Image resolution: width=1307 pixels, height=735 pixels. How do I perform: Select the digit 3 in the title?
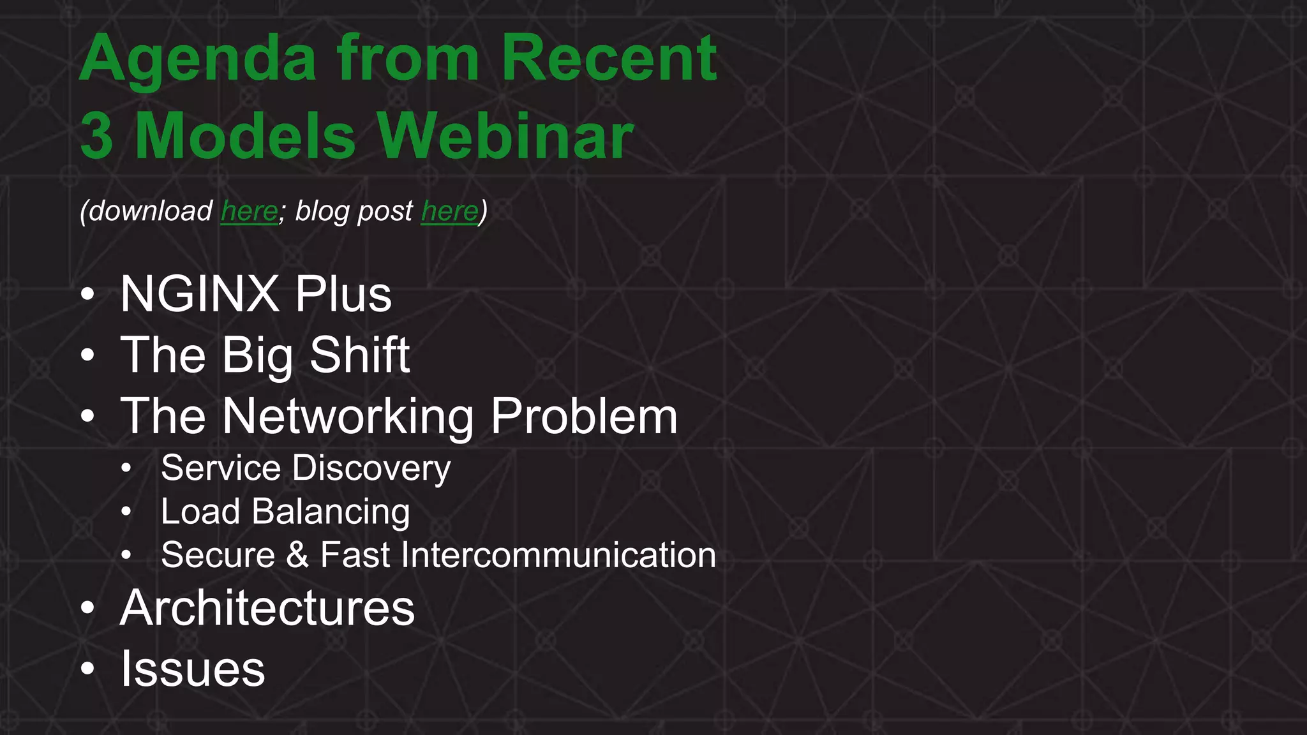pyautogui.click(x=97, y=136)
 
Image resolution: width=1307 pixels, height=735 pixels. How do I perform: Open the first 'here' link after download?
pyautogui.click(x=250, y=211)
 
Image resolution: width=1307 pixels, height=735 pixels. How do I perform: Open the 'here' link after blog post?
pyautogui.click(x=449, y=211)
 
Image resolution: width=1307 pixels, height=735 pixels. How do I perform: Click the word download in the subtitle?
pyautogui.click(x=151, y=211)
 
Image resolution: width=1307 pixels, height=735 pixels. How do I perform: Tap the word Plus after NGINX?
pyautogui.click(x=343, y=294)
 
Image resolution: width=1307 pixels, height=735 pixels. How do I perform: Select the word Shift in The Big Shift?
pyautogui.click(x=359, y=355)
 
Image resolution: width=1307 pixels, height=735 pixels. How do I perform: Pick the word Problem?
pyautogui.click(x=584, y=417)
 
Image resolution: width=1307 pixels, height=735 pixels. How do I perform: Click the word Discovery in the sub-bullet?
pyautogui.click(x=371, y=468)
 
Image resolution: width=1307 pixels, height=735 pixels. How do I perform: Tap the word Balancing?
pyautogui.click(x=331, y=512)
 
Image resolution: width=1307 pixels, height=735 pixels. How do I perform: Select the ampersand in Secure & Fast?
pyautogui.click(x=297, y=555)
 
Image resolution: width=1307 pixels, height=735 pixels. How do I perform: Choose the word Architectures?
pyautogui.click(x=267, y=608)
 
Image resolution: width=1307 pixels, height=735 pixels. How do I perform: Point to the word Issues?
pyautogui.click(x=193, y=669)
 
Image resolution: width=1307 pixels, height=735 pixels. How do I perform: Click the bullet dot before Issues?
pyautogui.click(x=87, y=669)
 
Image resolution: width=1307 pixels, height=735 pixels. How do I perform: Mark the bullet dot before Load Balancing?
pyautogui.click(x=126, y=512)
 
